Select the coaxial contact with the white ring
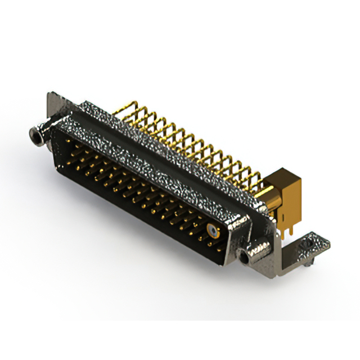click(x=211, y=230)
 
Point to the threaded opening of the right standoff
click(x=244, y=258)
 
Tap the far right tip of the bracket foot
click(x=328, y=243)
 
